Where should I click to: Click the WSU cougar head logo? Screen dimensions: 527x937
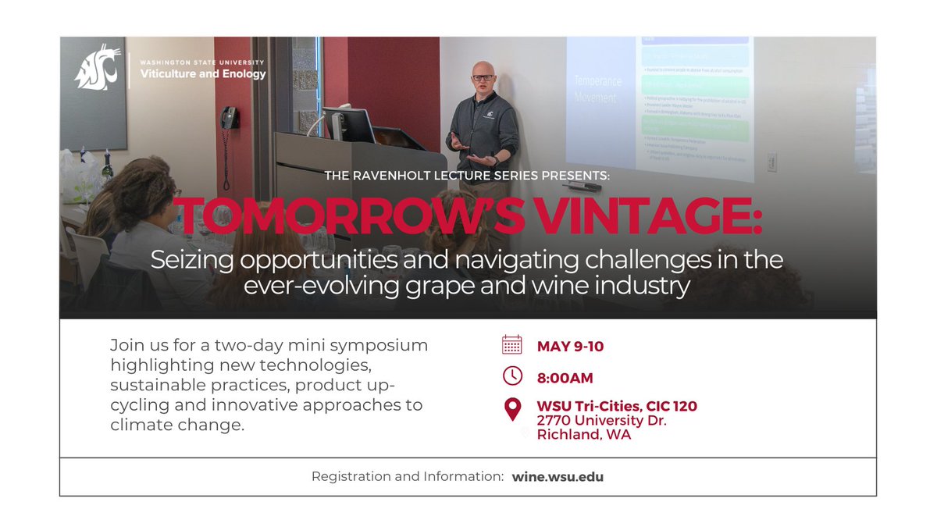pyautogui.click(x=97, y=68)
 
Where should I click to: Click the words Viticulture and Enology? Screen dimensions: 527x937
pyautogui.click(x=202, y=74)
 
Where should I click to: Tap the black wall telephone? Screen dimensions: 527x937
pyautogui.click(x=228, y=118)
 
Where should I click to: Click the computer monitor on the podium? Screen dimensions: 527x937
pyautogui.click(x=348, y=123)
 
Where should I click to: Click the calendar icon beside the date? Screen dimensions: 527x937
pyautogui.click(x=512, y=345)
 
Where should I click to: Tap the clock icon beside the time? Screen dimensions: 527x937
pyautogui.click(x=512, y=376)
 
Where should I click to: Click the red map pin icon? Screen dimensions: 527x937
pyautogui.click(x=512, y=409)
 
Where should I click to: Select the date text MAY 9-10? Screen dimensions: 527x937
pyautogui.click(x=570, y=347)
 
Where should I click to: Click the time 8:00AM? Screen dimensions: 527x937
pyautogui.click(x=565, y=378)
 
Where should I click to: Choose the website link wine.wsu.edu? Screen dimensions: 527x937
pyautogui.click(x=558, y=476)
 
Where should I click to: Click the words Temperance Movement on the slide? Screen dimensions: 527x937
pyautogui.click(x=594, y=89)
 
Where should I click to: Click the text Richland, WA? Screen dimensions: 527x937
pyautogui.click(x=583, y=435)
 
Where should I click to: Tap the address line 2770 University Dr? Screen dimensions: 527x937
pyautogui.click(x=601, y=421)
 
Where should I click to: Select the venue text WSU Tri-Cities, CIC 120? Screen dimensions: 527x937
pyautogui.click(x=617, y=406)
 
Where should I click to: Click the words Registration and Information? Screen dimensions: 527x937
pyautogui.click(x=407, y=476)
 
